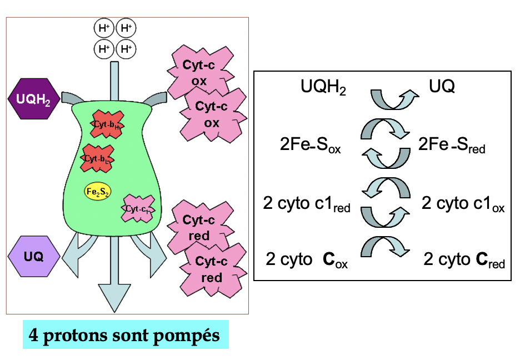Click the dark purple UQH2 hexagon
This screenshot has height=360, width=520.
(x=34, y=99)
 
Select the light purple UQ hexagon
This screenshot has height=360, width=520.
(x=34, y=256)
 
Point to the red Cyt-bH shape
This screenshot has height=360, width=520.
(x=107, y=125)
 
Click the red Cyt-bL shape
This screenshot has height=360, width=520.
(x=98, y=158)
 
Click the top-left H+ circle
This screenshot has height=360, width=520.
(x=103, y=28)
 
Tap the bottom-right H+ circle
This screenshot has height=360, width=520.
(x=126, y=49)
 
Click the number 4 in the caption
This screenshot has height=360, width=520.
(x=33, y=336)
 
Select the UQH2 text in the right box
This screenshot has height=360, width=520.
(x=323, y=87)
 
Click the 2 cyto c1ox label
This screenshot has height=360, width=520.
(x=463, y=203)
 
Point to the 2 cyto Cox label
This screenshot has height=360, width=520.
(x=307, y=260)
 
